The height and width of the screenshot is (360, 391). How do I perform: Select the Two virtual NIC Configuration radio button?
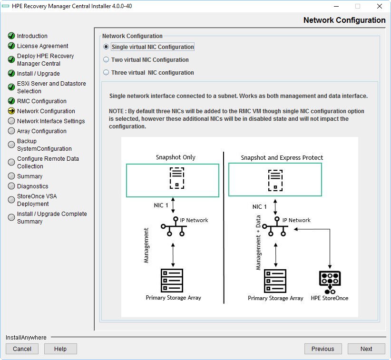106,60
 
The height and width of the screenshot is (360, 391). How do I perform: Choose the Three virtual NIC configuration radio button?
106,73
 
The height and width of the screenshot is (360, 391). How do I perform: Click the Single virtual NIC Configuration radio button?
106,47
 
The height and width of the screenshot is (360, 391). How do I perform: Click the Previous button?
323,349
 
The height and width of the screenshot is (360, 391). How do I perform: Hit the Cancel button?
22,349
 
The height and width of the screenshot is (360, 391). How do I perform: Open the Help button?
60,349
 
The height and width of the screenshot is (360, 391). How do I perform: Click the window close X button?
379,6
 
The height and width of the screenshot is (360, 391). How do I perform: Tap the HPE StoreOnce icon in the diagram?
330,282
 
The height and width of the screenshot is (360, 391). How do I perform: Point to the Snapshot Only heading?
176,157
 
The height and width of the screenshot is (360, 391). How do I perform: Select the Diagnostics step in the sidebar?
32,186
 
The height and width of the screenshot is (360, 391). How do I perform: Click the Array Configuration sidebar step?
41,131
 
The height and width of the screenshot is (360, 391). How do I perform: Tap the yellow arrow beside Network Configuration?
11,111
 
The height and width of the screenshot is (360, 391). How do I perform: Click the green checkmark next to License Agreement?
11,46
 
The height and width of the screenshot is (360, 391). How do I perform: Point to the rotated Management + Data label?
258,243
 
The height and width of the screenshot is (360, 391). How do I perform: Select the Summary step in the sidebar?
29,176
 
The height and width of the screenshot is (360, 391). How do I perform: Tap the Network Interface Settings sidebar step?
51,121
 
